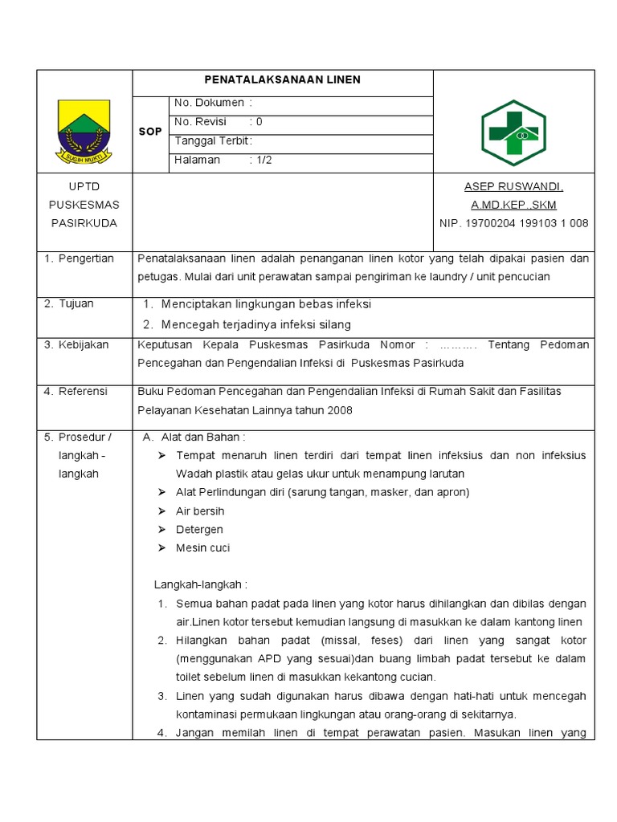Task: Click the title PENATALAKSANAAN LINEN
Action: click(x=282, y=79)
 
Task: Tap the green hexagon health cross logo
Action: click(x=513, y=132)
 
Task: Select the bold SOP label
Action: click(x=150, y=131)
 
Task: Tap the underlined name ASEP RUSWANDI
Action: click(x=513, y=186)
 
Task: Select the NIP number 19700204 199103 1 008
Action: click(x=513, y=223)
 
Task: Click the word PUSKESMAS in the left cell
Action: click(x=84, y=205)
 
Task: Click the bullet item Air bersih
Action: click(x=200, y=511)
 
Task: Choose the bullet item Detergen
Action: click(x=199, y=529)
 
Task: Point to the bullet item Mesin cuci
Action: click(x=202, y=547)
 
